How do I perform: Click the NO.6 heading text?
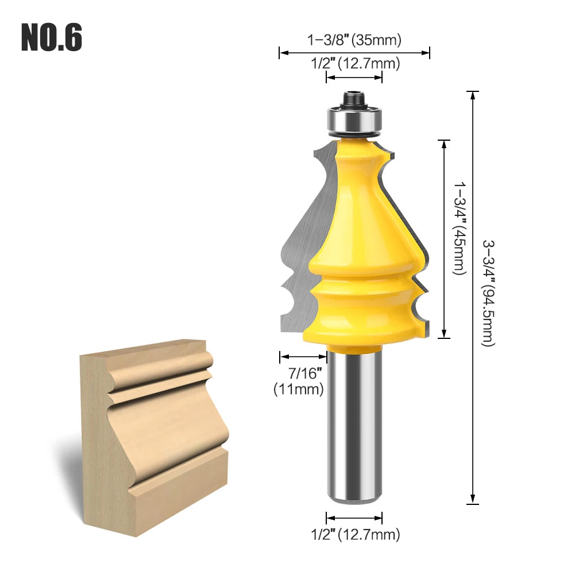[52, 37]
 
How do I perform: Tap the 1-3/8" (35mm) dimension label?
[354, 40]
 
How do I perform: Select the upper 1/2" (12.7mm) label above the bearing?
[356, 63]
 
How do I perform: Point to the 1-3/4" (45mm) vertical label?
[460, 229]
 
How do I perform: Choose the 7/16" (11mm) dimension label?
[299, 381]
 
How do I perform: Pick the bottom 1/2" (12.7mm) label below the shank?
[356, 535]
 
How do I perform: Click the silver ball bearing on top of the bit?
[354, 120]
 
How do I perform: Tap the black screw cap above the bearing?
[354, 99]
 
